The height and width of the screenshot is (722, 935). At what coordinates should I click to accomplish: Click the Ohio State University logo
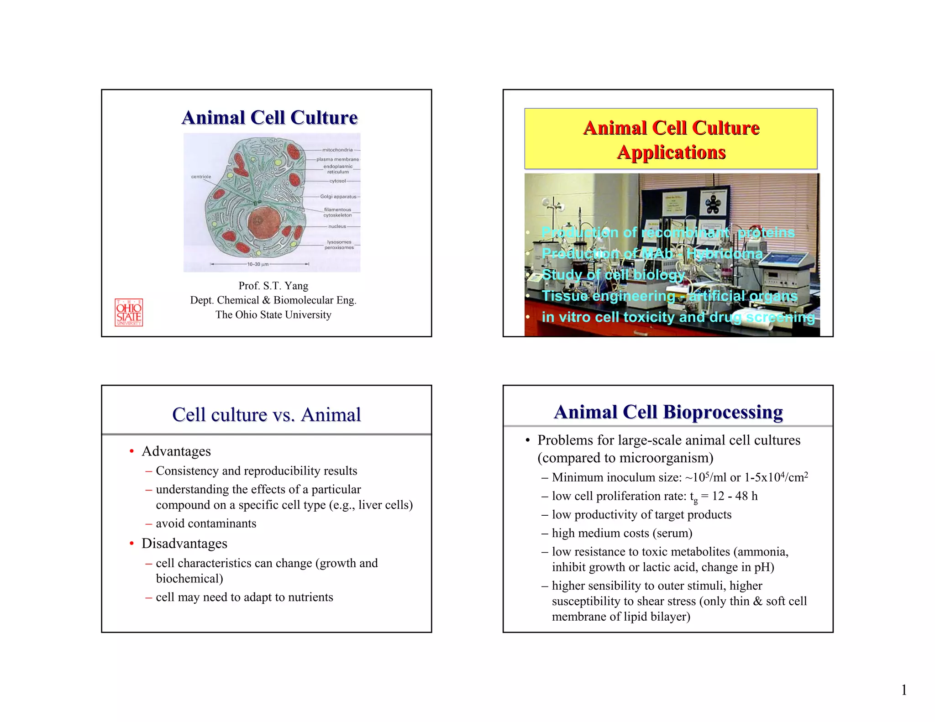tap(129, 313)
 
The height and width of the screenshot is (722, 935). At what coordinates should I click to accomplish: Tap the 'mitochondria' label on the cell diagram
tap(337, 150)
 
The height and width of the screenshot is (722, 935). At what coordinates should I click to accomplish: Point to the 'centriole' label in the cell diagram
tap(201, 177)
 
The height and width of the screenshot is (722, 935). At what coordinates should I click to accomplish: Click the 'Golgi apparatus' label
tap(338, 197)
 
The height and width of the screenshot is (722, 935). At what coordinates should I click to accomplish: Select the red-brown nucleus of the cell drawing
tap(263, 222)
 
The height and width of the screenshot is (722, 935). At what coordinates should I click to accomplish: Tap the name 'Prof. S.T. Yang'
tap(273, 286)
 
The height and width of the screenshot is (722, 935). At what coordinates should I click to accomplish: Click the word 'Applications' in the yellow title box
tap(671, 152)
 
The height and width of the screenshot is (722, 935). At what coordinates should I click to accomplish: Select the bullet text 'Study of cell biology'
tap(613, 275)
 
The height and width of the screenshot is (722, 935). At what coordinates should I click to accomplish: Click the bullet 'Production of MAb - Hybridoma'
tap(652, 253)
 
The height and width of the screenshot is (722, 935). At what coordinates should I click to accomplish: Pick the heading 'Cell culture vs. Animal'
tap(266, 414)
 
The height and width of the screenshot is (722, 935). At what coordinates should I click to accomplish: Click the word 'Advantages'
tap(176, 451)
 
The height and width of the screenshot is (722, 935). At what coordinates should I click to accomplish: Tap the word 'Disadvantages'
tap(184, 544)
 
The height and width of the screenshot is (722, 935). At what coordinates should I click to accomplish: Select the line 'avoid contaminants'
tap(206, 523)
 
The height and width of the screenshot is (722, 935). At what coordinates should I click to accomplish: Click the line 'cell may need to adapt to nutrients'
tap(244, 597)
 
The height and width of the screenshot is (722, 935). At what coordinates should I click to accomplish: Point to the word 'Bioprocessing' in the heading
tap(723, 412)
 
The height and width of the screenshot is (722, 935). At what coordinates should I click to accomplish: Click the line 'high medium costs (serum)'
tap(622, 533)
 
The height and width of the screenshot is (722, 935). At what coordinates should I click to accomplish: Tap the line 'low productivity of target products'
tap(641, 515)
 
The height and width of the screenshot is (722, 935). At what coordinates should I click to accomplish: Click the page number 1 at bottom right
tap(904, 690)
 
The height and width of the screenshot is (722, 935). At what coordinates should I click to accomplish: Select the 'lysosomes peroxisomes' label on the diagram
tap(339, 245)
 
